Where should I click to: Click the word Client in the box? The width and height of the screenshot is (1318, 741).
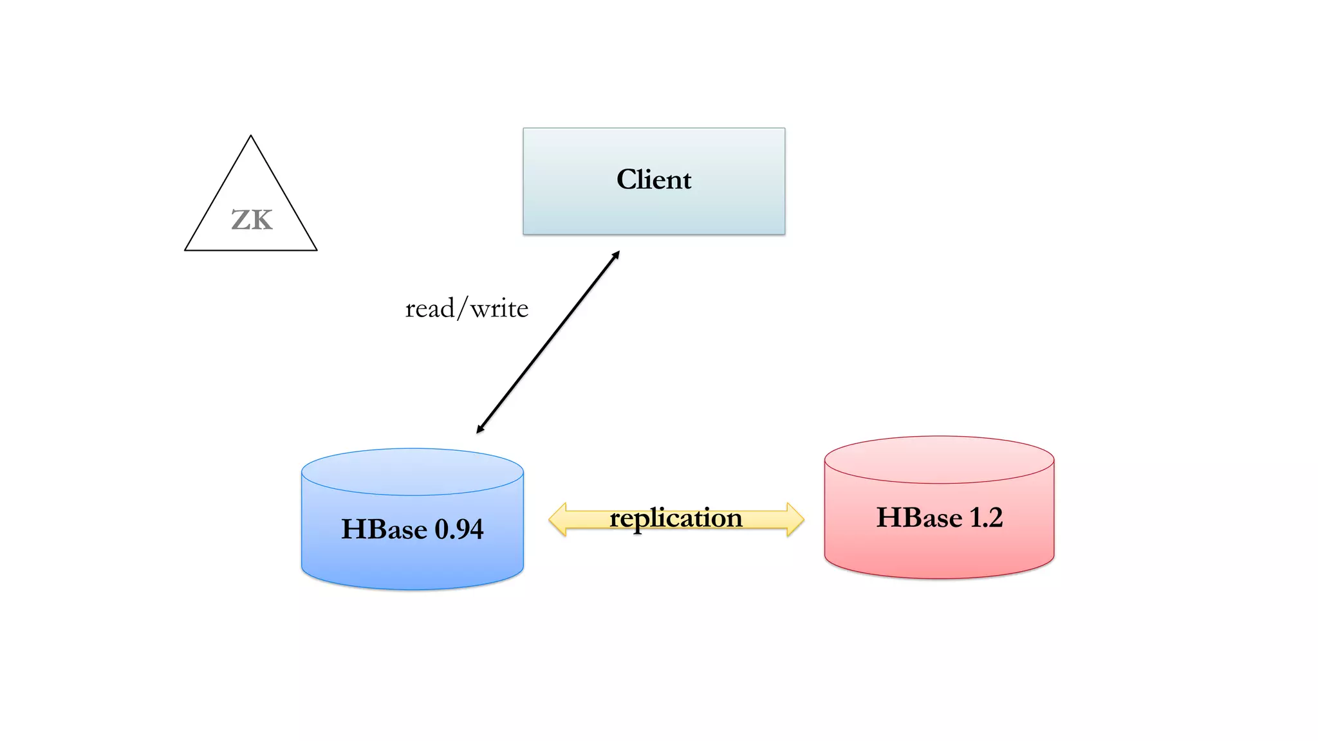click(x=654, y=179)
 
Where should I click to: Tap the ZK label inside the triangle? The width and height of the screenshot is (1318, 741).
click(x=252, y=220)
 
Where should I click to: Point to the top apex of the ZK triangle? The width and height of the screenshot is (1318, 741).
click(x=251, y=136)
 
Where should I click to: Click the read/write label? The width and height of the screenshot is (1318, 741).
click(x=467, y=309)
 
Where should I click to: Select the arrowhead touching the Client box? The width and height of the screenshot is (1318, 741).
click(x=616, y=255)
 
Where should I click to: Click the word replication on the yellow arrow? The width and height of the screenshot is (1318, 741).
click(x=676, y=518)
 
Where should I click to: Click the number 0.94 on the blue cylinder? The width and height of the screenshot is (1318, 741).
click(x=459, y=529)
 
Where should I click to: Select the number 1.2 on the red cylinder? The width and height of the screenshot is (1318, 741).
click(x=986, y=518)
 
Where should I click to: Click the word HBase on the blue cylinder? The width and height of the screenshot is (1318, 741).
click(x=384, y=529)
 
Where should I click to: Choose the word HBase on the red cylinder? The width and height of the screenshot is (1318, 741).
click(x=919, y=518)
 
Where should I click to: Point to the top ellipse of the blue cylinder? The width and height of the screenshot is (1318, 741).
click(x=413, y=471)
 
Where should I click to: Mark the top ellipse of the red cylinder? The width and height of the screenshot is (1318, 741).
click(x=939, y=459)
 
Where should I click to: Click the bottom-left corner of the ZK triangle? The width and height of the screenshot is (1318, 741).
click(x=186, y=250)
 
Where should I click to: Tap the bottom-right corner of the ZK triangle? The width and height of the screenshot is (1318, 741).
click(x=316, y=250)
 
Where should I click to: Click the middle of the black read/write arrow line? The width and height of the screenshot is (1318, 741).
click(x=548, y=342)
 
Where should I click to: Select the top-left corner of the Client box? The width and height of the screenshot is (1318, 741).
click(x=524, y=129)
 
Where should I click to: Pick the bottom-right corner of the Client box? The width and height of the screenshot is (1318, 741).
click(x=784, y=233)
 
